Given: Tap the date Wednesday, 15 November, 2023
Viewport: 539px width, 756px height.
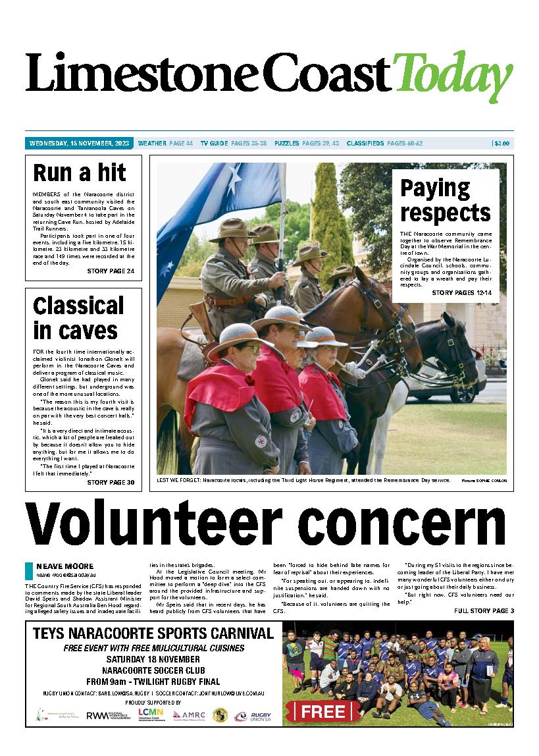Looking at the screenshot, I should [x=80, y=143].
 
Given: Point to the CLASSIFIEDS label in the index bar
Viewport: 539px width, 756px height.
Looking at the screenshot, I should [x=365, y=143].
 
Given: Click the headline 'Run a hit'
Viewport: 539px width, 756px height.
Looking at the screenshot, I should [x=79, y=173].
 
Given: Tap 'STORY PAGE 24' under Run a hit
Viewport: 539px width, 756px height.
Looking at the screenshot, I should [x=111, y=271].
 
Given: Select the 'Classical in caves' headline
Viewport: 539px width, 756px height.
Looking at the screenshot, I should [x=78, y=317].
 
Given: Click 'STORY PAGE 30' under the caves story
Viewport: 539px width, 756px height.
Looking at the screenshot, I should [x=111, y=483].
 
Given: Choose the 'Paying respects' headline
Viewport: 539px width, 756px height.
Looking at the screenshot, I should [x=445, y=200].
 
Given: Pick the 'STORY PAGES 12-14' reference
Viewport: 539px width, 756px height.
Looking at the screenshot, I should [x=462, y=292].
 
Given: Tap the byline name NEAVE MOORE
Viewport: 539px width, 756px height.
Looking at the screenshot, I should [x=65, y=566].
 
